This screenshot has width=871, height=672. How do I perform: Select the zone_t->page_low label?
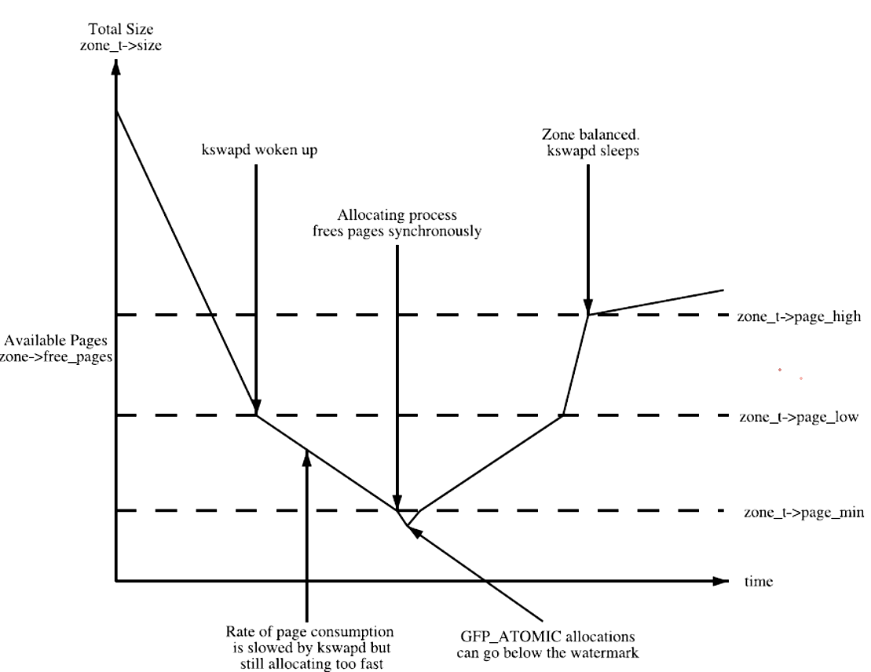(799, 417)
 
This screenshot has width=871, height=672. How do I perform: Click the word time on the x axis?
(759, 582)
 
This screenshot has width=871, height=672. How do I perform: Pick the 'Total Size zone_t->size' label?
(116, 38)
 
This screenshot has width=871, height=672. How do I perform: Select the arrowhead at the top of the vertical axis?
(116, 66)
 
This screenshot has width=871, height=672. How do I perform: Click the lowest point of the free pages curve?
(407, 525)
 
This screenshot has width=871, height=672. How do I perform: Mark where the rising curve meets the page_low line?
(563, 415)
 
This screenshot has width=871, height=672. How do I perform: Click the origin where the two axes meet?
(116, 582)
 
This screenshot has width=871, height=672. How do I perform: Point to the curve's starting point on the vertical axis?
(116, 111)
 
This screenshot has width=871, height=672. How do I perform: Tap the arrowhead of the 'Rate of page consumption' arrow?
(306, 458)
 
